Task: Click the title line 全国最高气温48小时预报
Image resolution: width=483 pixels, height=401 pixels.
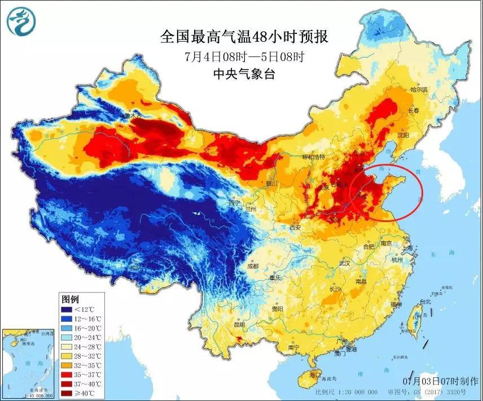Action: [x=244, y=37]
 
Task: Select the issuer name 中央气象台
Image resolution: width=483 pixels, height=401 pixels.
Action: [x=244, y=73]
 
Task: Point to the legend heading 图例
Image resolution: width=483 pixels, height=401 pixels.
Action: [x=70, y=299]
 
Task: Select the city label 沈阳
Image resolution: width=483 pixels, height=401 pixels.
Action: [x=402, y=136]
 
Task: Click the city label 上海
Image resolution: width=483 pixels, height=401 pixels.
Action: [x=405, y=247]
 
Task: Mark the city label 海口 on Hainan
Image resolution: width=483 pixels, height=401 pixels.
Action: [x=315, y=374]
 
